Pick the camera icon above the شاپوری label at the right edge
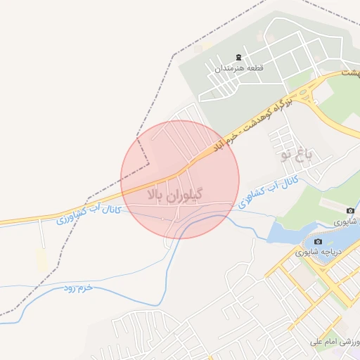(x=350, y=211)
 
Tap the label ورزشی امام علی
(x=335, y=342)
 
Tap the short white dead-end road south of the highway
(x=44, y=235)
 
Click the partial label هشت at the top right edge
(x=350, y=72)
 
